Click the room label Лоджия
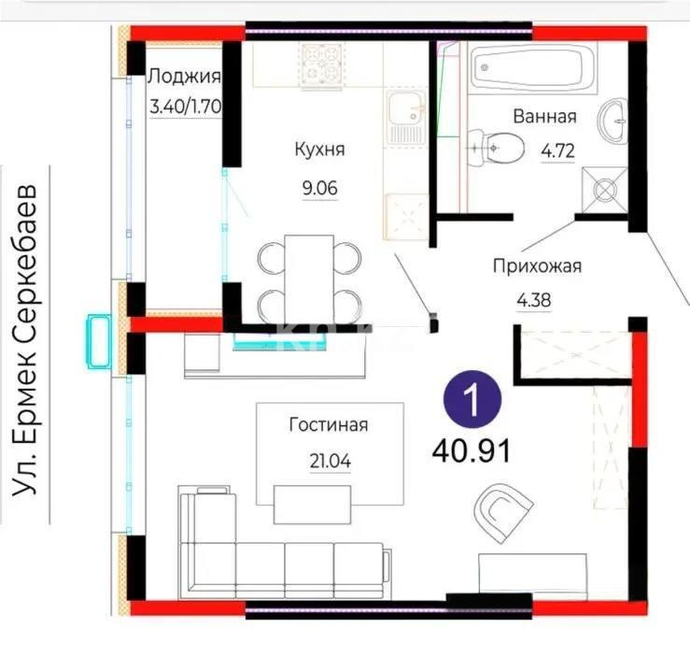(185, 78)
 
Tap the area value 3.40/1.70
(185, 106)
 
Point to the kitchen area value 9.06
(318, 187)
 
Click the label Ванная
(544, 117)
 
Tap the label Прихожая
(537, 266)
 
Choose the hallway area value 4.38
(538, 300)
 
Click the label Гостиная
(328, 425)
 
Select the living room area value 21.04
(328, 460)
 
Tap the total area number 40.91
(471, 451)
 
